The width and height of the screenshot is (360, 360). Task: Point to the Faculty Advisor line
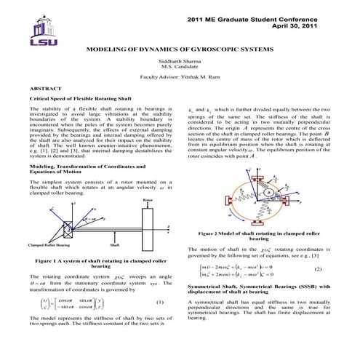coord(180,76)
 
